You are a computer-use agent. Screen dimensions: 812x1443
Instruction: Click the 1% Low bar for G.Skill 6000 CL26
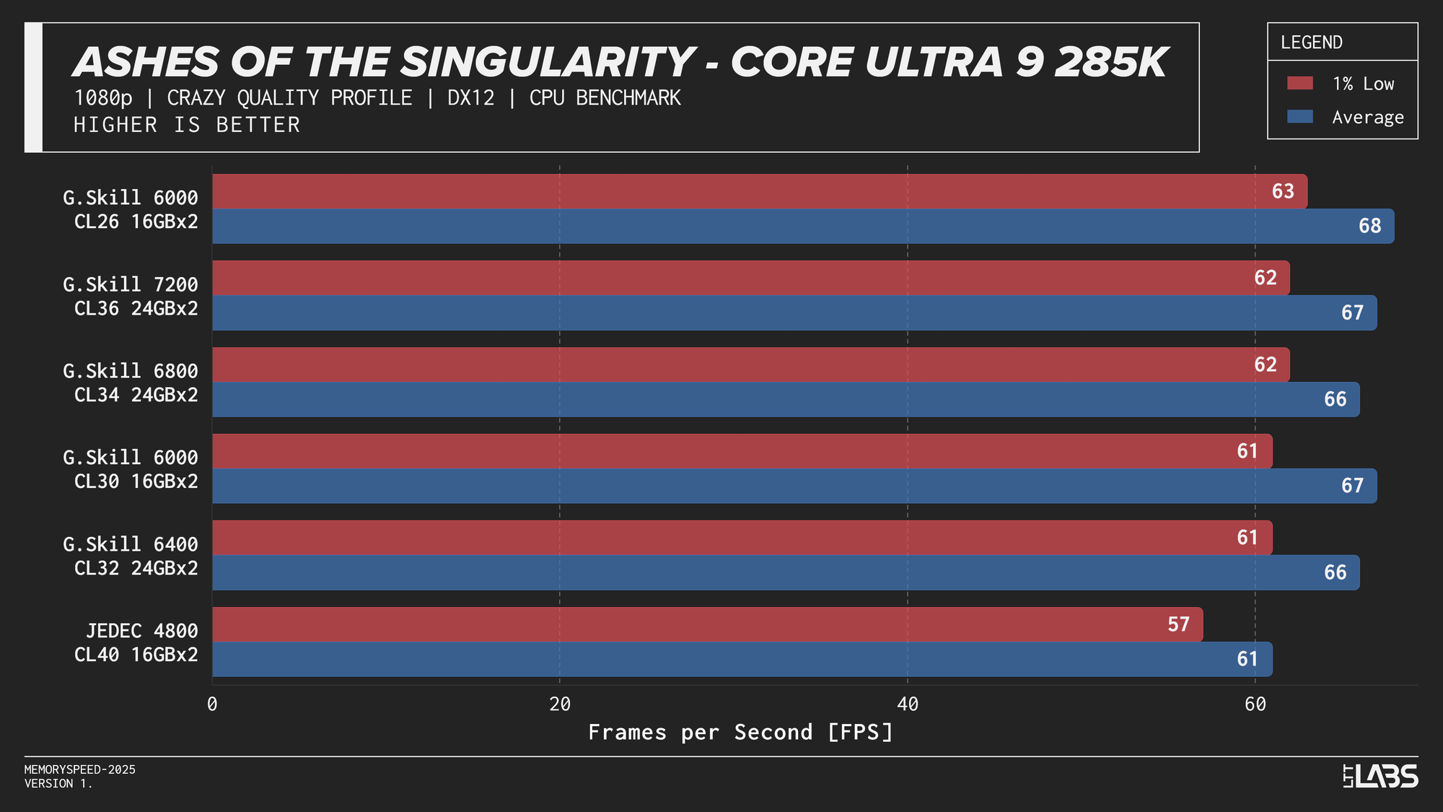click(x=758, y=191)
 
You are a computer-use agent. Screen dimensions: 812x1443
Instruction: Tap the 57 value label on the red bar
click(x=1178, y=624)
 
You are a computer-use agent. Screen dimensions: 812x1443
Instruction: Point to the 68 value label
click(x=1369, y=226)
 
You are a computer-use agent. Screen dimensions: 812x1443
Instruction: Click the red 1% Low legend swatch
click(x=1299, y=83)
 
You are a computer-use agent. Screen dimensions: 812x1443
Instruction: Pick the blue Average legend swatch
click(x=1299, y=117)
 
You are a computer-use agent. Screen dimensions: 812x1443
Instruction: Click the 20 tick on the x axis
click(x=560, y=704)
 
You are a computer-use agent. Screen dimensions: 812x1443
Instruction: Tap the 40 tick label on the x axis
click(x=908, y=704)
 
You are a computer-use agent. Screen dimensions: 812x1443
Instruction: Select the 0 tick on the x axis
click(x=212, y=704)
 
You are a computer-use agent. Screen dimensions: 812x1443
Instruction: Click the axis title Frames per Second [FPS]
click(x=741, y=732)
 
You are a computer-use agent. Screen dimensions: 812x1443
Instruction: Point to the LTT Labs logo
click(x=1380, y=776)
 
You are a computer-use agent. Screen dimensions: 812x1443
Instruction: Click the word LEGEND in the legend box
click(x=1311, y=43)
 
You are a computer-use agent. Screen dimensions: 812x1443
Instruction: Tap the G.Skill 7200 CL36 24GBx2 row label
click(x=131, y=296)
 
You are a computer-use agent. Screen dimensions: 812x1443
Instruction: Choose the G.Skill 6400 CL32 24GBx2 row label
click(x=131, y=556)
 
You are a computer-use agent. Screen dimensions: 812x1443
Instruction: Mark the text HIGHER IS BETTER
click(x=186, y=125)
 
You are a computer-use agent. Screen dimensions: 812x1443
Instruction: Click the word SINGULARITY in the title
click(x=547, y=62)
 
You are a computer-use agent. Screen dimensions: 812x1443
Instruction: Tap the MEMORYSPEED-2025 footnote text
click(x=80, y=769)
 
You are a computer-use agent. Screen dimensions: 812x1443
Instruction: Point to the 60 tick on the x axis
click(x=1255, y=704)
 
